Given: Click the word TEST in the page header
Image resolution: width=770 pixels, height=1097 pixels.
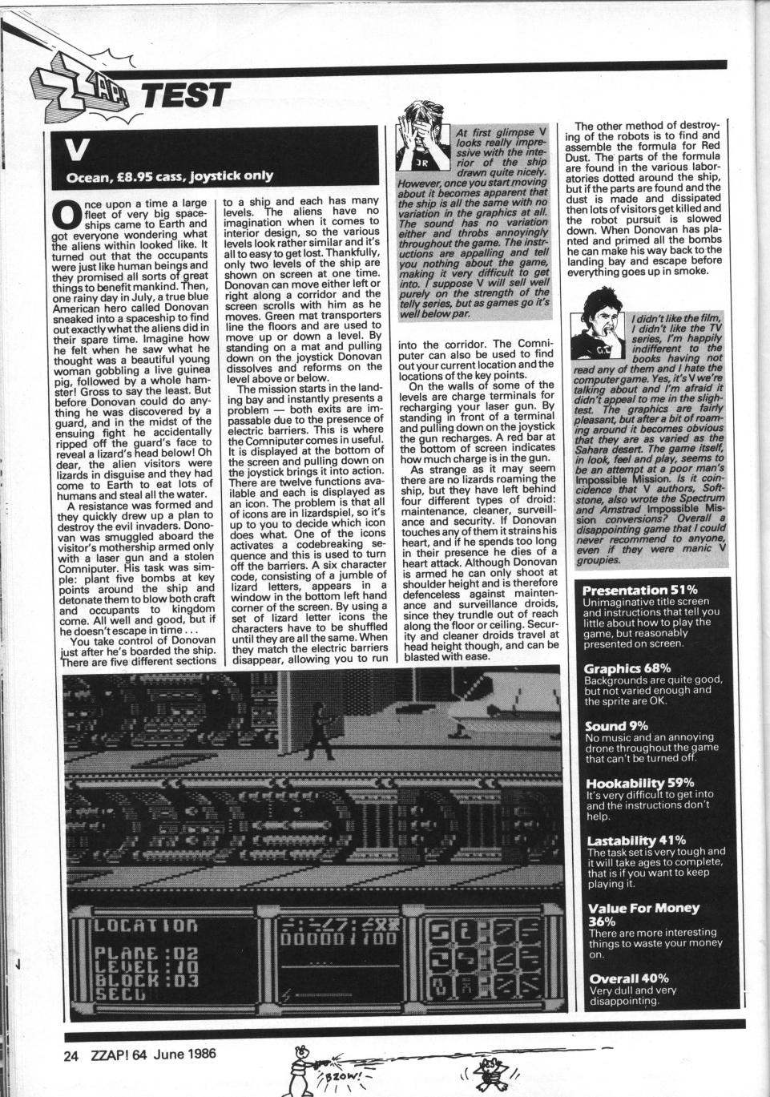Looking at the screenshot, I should click(x=183, y=95).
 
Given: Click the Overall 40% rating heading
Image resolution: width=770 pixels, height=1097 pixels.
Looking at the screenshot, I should click(x=628, y=978).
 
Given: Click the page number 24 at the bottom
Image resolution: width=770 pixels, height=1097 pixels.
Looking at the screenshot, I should click(x=71, y=1055).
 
